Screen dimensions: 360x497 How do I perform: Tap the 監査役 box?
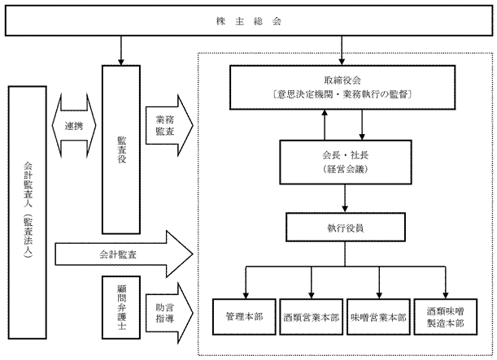click(119, 150)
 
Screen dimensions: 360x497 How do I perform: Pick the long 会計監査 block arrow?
click(122, 254)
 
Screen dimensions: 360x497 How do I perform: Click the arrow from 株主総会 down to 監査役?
click(120, 51)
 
